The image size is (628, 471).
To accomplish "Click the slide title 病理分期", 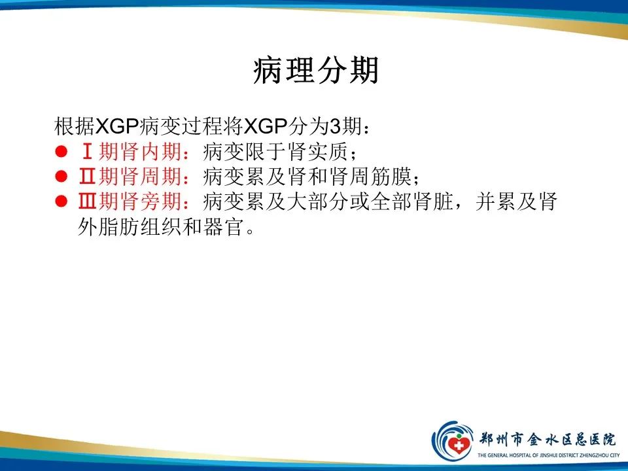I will pyautogui.click(x=315, y=71).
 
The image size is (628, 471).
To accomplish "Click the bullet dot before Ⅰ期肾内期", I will pyautogui.click(x=61, y=152).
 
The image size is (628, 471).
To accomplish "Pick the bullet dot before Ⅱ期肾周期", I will pyautogui.click(x=61, y=177).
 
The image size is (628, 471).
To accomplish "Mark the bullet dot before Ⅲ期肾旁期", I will pyautogui.click(x=61, y=202).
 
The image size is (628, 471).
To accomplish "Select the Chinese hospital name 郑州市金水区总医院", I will pyautogui.click(x=547, y=438).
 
